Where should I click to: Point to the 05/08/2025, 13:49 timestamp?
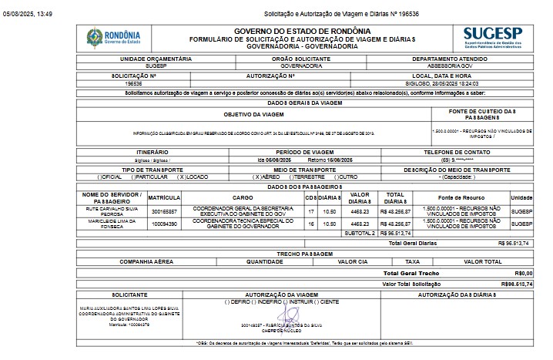(28, 14)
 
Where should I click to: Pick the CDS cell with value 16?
(311, 224)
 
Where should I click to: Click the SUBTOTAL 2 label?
(360, 232)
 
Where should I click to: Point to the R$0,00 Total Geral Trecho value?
(524, 273)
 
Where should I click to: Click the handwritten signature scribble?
(292, 315)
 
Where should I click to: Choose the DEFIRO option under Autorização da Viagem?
(240, 301)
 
